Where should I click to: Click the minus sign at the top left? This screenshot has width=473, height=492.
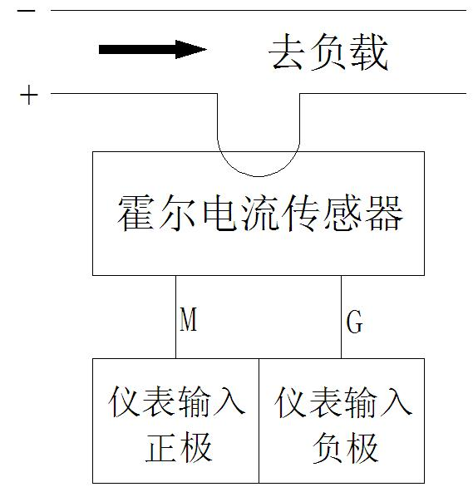(x=26, y=11)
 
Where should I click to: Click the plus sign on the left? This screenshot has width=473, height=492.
(x=29, y=95)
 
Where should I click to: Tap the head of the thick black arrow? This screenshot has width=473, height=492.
(x=190, y=49)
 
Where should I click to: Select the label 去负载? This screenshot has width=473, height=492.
(x=328, y=52)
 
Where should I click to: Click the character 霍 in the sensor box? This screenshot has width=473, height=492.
(x=136, y=213)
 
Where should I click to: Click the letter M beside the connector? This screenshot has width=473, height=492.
(x=189, y=319)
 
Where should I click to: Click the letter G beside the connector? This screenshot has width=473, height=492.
(x=355, y=322)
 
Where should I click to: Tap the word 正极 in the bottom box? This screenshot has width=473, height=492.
(x=179, y=447)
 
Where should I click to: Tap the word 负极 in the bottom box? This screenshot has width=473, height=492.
(x=345, y=447)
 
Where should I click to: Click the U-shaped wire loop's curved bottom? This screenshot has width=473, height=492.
(x=259, y=176)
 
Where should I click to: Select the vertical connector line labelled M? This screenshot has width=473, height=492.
(x=175, y=317)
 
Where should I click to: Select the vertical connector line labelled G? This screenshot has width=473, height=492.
(x=341, y=317)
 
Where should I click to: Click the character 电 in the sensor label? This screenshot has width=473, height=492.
(x=219, y=213)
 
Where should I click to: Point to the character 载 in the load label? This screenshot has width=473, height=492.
(x=370, y=52)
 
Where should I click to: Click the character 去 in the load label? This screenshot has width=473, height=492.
(x=288, y=52)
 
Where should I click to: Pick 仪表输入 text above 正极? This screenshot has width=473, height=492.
(x=177, y=401)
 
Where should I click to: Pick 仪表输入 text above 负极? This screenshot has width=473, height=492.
(x=343, y=402)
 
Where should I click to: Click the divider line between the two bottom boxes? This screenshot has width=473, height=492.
(x=259, y=421)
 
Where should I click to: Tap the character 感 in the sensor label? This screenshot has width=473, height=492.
(x=342, y=213)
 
